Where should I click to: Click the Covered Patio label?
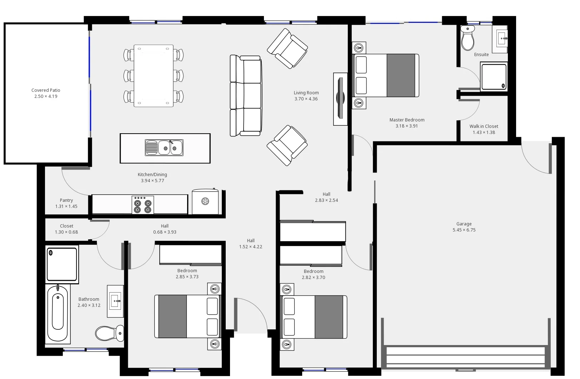(46, 90)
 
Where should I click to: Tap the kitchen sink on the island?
(164, 148)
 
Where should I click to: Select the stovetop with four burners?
(143, 205)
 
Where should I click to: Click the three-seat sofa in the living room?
(246, 96)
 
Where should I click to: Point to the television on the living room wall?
(340, 99)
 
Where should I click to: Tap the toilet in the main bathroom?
(109, 333)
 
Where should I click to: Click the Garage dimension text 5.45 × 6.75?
(464, 230)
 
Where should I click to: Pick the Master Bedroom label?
(407, 120)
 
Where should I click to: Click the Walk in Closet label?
(484, 126)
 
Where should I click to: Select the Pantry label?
(66, 200)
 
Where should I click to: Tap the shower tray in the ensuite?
(494, 76)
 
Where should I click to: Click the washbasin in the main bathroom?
(115, 301)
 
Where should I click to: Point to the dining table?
(154, 76)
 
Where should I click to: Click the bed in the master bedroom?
(386, 75)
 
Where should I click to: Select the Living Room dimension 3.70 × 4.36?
(306, 99)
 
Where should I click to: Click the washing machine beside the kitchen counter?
(205, 201)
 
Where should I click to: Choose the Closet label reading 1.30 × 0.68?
(66, 232)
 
